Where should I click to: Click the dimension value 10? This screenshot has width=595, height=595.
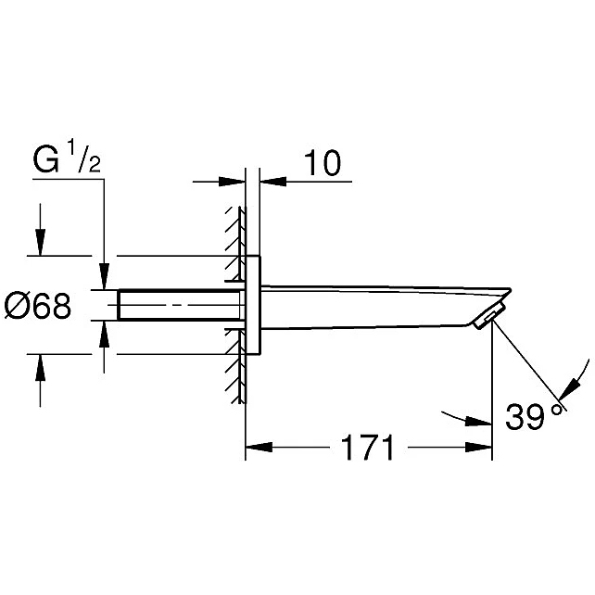[323, 163]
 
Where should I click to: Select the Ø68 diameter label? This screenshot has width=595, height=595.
[38, 306]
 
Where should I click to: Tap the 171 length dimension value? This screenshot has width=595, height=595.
[368, 448]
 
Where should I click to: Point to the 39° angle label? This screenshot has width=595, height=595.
[534, 416]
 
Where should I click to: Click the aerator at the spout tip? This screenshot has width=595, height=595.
[487, 317]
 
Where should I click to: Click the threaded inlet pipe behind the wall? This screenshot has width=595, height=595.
[180, 305]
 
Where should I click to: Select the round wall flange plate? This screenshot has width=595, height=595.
[253, 305]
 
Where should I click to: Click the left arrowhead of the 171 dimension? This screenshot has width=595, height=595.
[259, 447]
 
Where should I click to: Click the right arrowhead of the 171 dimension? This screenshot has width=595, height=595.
[478, 447]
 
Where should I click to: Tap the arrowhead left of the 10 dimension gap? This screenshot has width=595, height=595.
[232, 182]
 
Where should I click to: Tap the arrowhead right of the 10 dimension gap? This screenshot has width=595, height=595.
[273, 182]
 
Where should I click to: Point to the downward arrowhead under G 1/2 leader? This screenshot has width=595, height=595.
[105, 276]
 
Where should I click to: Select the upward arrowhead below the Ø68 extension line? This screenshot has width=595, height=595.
[40, 367]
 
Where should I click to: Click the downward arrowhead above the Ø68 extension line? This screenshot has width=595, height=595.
[40, 242]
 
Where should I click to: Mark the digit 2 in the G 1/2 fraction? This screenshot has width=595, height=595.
[95, 166]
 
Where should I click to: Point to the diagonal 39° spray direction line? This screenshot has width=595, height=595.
[528, 365]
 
